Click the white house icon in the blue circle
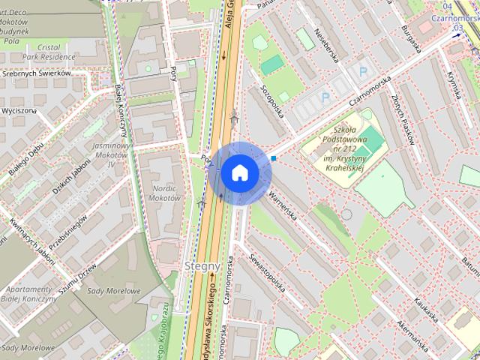pyautogui.click(x=239, y=173)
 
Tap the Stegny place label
pyautogui.click(x=201, y=265)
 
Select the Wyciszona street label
pyautogui.click(x=19, y=111)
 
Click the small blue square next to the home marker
pyautogui.click(x=274, y=158)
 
